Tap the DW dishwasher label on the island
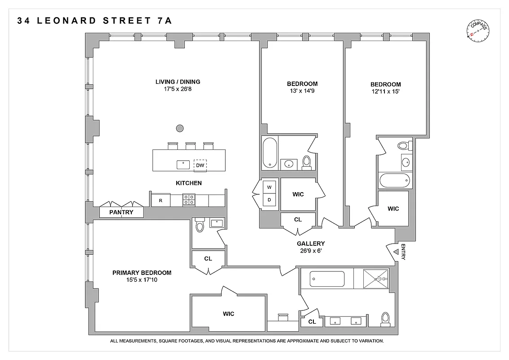pyautogui.click(x=200, y=165)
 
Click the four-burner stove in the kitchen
pyautogui.click(x=189, y=200)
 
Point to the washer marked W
pyautogui.click(x=269, y=187)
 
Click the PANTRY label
pyautogui.click(x=121, y=212)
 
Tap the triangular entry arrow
pyautogui.click(x=395, y=252)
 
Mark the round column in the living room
pyautogui.click(x=179, y=128)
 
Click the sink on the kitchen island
pyautogui.click(x=183, y=164)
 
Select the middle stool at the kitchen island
pyautogui.click(x=191, y=145)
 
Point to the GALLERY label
pyautogui.click(x=311, y=243)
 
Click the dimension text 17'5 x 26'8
pyautogui.click(x=178, y=89)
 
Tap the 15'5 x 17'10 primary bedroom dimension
pyautogui.click(x=142, y=280)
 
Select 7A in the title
pyautogui.click(x=163, y=21)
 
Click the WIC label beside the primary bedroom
pyautogui.click(x=228, y=314)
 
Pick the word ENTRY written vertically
pyautogui.click(x=403, y=252)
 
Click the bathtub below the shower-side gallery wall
pyautogui.click(x=327, y=279)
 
